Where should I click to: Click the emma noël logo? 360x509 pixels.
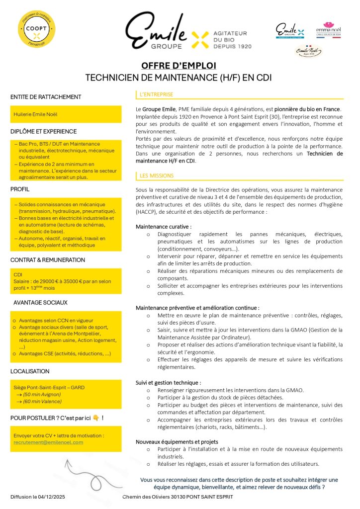tap(328, 30)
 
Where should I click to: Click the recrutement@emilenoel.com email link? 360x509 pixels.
tap(48, 442)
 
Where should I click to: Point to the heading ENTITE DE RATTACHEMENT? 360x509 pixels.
tap(46, 97)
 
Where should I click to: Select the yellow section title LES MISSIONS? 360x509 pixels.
tap(157, 175)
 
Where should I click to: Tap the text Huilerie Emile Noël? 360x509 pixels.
tap(35, 114)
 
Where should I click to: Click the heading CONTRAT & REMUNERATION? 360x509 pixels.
tap(48, 260)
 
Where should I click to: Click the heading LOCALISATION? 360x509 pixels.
tap(30, 371)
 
